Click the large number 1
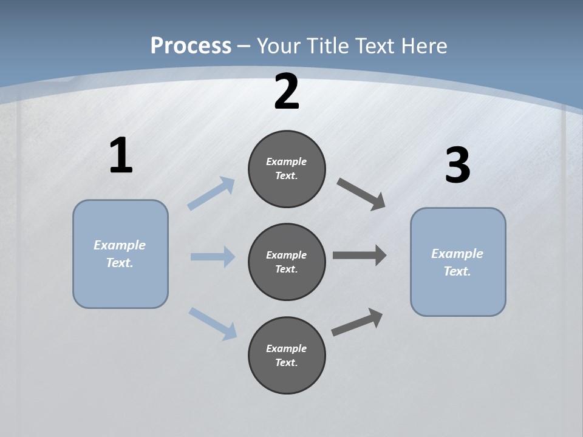pyautogui.click(x=121, y=156)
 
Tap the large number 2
pyautogui.click(x=287, y=92)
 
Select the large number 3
pyautogui.click(x=457, y=166)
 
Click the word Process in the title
pyautogui.click(x=191, y=46)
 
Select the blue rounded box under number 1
pyautogui.click(x=120, y=254)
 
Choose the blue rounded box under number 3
pyautogui.click(x=458, y=262)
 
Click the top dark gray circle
pyautogui.click(x=287, y=169)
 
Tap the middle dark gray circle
pyautogui.click(x=287, y=262)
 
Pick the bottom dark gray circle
pyautogui.click(x=287, y=356)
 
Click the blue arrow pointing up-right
pyautogui.click(x=211, y=193)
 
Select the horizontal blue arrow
pyautogui.click(x=213, y=257)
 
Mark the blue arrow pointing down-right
pyautogui.click(x=213, y=324)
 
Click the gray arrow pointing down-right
pyautogui.click(x=361, y=194)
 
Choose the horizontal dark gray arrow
pyautogui.click(x=360, y=255)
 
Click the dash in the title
pyautogui.click(x=244, y=46)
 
